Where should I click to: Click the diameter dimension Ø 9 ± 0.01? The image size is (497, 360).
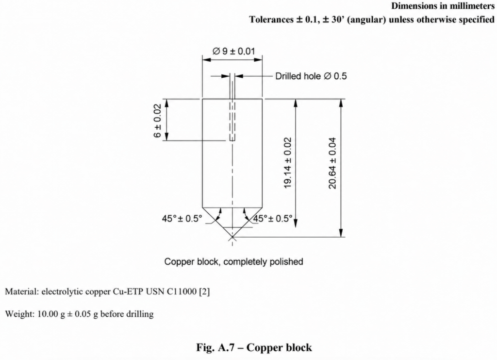(x=233, y=51)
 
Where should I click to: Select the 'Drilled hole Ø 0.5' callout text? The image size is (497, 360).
(x=311, y=76)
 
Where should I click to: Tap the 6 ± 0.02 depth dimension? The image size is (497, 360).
(x=158, y=120)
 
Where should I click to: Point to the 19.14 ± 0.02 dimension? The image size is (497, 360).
(x=287, y=163)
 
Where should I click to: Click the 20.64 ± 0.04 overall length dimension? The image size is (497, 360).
(x=332, y=163)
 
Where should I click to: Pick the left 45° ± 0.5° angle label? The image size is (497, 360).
(x=182, y=219)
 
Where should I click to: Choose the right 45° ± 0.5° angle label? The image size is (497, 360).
(x=273, y=219)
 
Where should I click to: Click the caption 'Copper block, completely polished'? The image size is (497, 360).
(x=233, y=262)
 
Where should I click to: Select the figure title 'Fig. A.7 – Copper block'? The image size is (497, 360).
(x=254, y=347)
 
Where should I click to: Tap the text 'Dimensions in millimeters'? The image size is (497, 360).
(x=443, y=6)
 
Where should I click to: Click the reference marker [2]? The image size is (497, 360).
(x=204, y=291)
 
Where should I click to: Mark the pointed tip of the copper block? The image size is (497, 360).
(x=232, y=237)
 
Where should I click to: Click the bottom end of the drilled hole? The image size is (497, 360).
(x=232, y=140)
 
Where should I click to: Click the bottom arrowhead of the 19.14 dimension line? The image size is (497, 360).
(x=296, y=223)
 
